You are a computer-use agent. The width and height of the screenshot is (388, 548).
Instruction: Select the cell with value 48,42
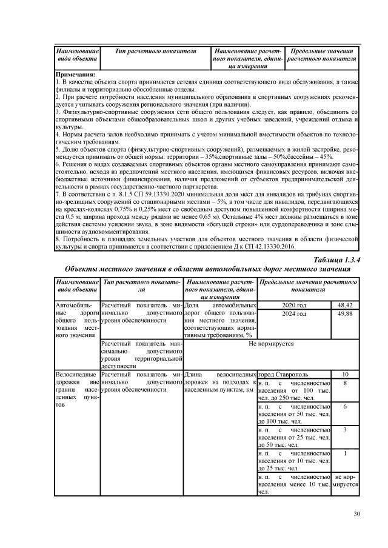(344, 305)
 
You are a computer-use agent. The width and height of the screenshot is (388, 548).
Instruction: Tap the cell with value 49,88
(344, 313)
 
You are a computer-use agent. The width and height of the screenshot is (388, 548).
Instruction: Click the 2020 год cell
(294, 305)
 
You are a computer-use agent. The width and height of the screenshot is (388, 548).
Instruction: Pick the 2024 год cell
(294, 313)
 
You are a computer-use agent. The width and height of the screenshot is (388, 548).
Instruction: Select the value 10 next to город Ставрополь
(344, 375)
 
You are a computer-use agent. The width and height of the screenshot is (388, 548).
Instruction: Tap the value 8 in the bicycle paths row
(344, 383)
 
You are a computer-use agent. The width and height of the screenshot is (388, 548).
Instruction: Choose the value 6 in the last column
(344, 406)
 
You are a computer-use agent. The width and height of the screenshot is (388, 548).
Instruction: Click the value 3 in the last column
(344, 429)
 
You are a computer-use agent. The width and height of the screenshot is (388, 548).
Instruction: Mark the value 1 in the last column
(344, 453)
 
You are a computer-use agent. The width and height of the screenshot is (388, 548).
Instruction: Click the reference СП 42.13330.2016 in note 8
(270, 246)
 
